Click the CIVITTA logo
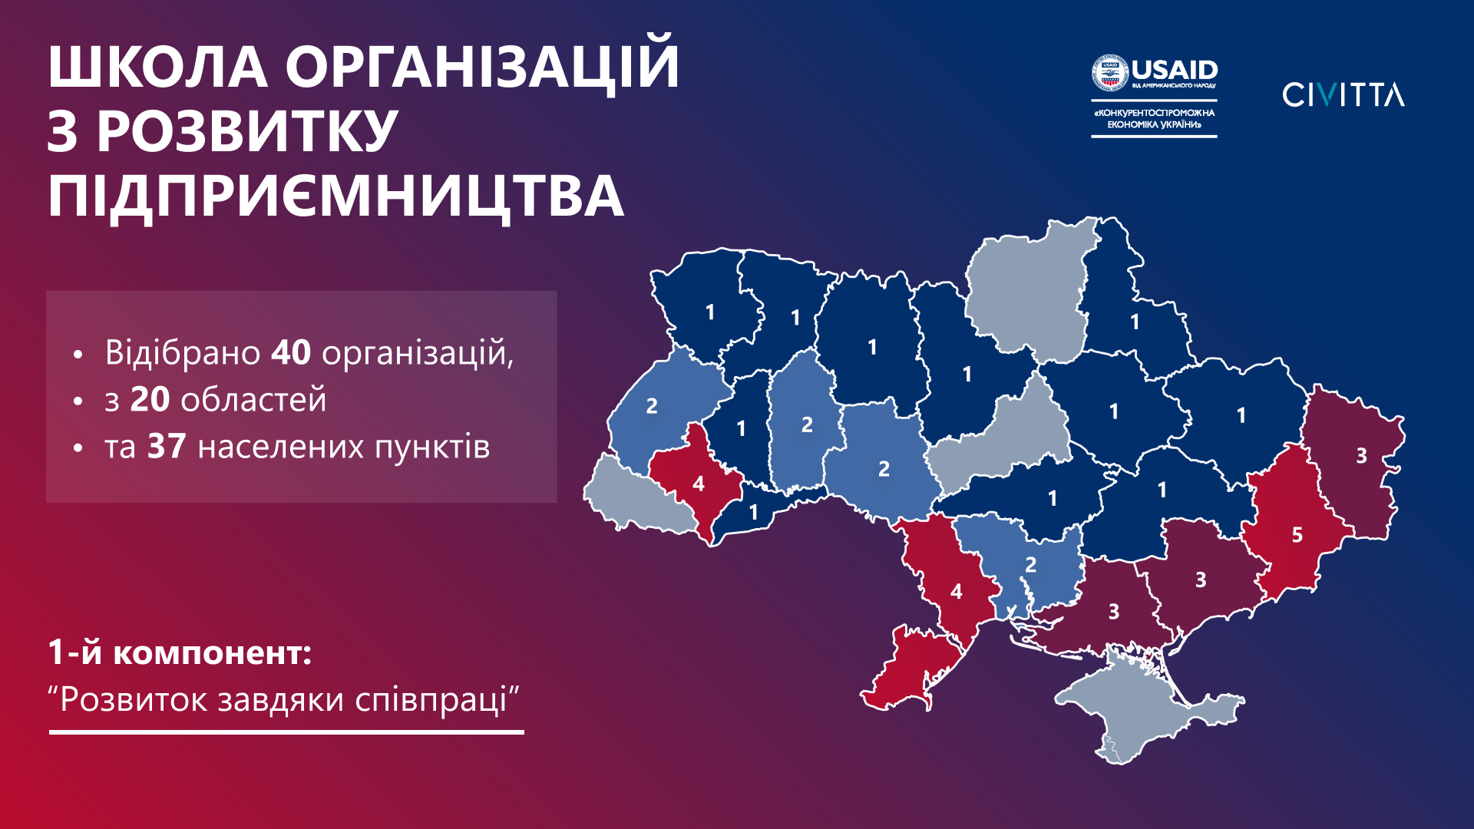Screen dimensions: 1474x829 pyautogui.click(x=1343, y=94)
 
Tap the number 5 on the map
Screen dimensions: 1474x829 pyautogui.click(x=1297, y=535)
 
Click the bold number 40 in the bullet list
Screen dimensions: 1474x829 pyautogui.click(x=291, y=353)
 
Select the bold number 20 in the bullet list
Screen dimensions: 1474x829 pyautogui.click(x=150, y=400)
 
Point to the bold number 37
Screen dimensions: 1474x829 pyautogui.click(x=167, y=447)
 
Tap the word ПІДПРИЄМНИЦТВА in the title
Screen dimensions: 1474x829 pyautogui.click(x=335, y=197)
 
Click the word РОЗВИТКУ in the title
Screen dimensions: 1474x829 pyautogui.click(x=246, y=130)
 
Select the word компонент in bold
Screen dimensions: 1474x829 pyautogui.click(x=213, y=653)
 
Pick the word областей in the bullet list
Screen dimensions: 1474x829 pyautogui.click(x=253, y=401)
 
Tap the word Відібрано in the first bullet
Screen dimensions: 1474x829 pyautogui.click(x=183, y=353)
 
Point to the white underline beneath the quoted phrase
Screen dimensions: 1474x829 pyautogui.click(x=286, y=732)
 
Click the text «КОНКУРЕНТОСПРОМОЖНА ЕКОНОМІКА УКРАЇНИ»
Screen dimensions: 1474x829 pyautogui.click(x=1155, y=118)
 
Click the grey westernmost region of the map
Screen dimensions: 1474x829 pyautogui.click(x=637, y=497)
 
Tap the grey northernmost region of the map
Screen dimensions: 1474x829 pyautogui.click(x=1029, y=292)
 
